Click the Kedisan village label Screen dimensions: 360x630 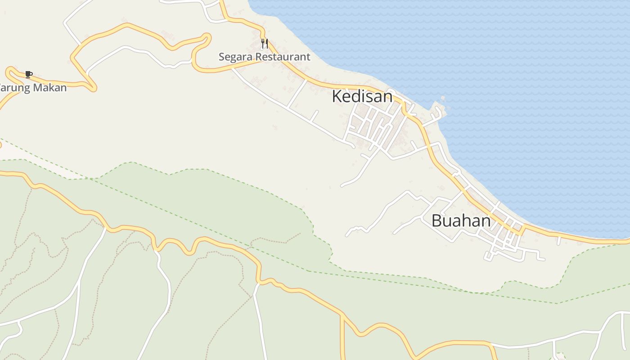(x=362, y=96)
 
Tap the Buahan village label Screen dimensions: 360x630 (x=461, y=220)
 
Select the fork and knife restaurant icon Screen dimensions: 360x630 (x=265, y=44)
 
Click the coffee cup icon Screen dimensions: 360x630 (x=29, y=74)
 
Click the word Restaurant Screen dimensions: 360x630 (x=283, y=57)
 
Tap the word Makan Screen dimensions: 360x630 (x=49, y=88)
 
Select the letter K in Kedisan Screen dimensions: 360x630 (x=337, y=96)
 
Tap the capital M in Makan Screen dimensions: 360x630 (x=36, y=88)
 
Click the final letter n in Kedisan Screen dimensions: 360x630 (x=388, y=96)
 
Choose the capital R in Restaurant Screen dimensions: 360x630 (x=259, y=57)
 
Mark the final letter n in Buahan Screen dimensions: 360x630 (x=486, y=220)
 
